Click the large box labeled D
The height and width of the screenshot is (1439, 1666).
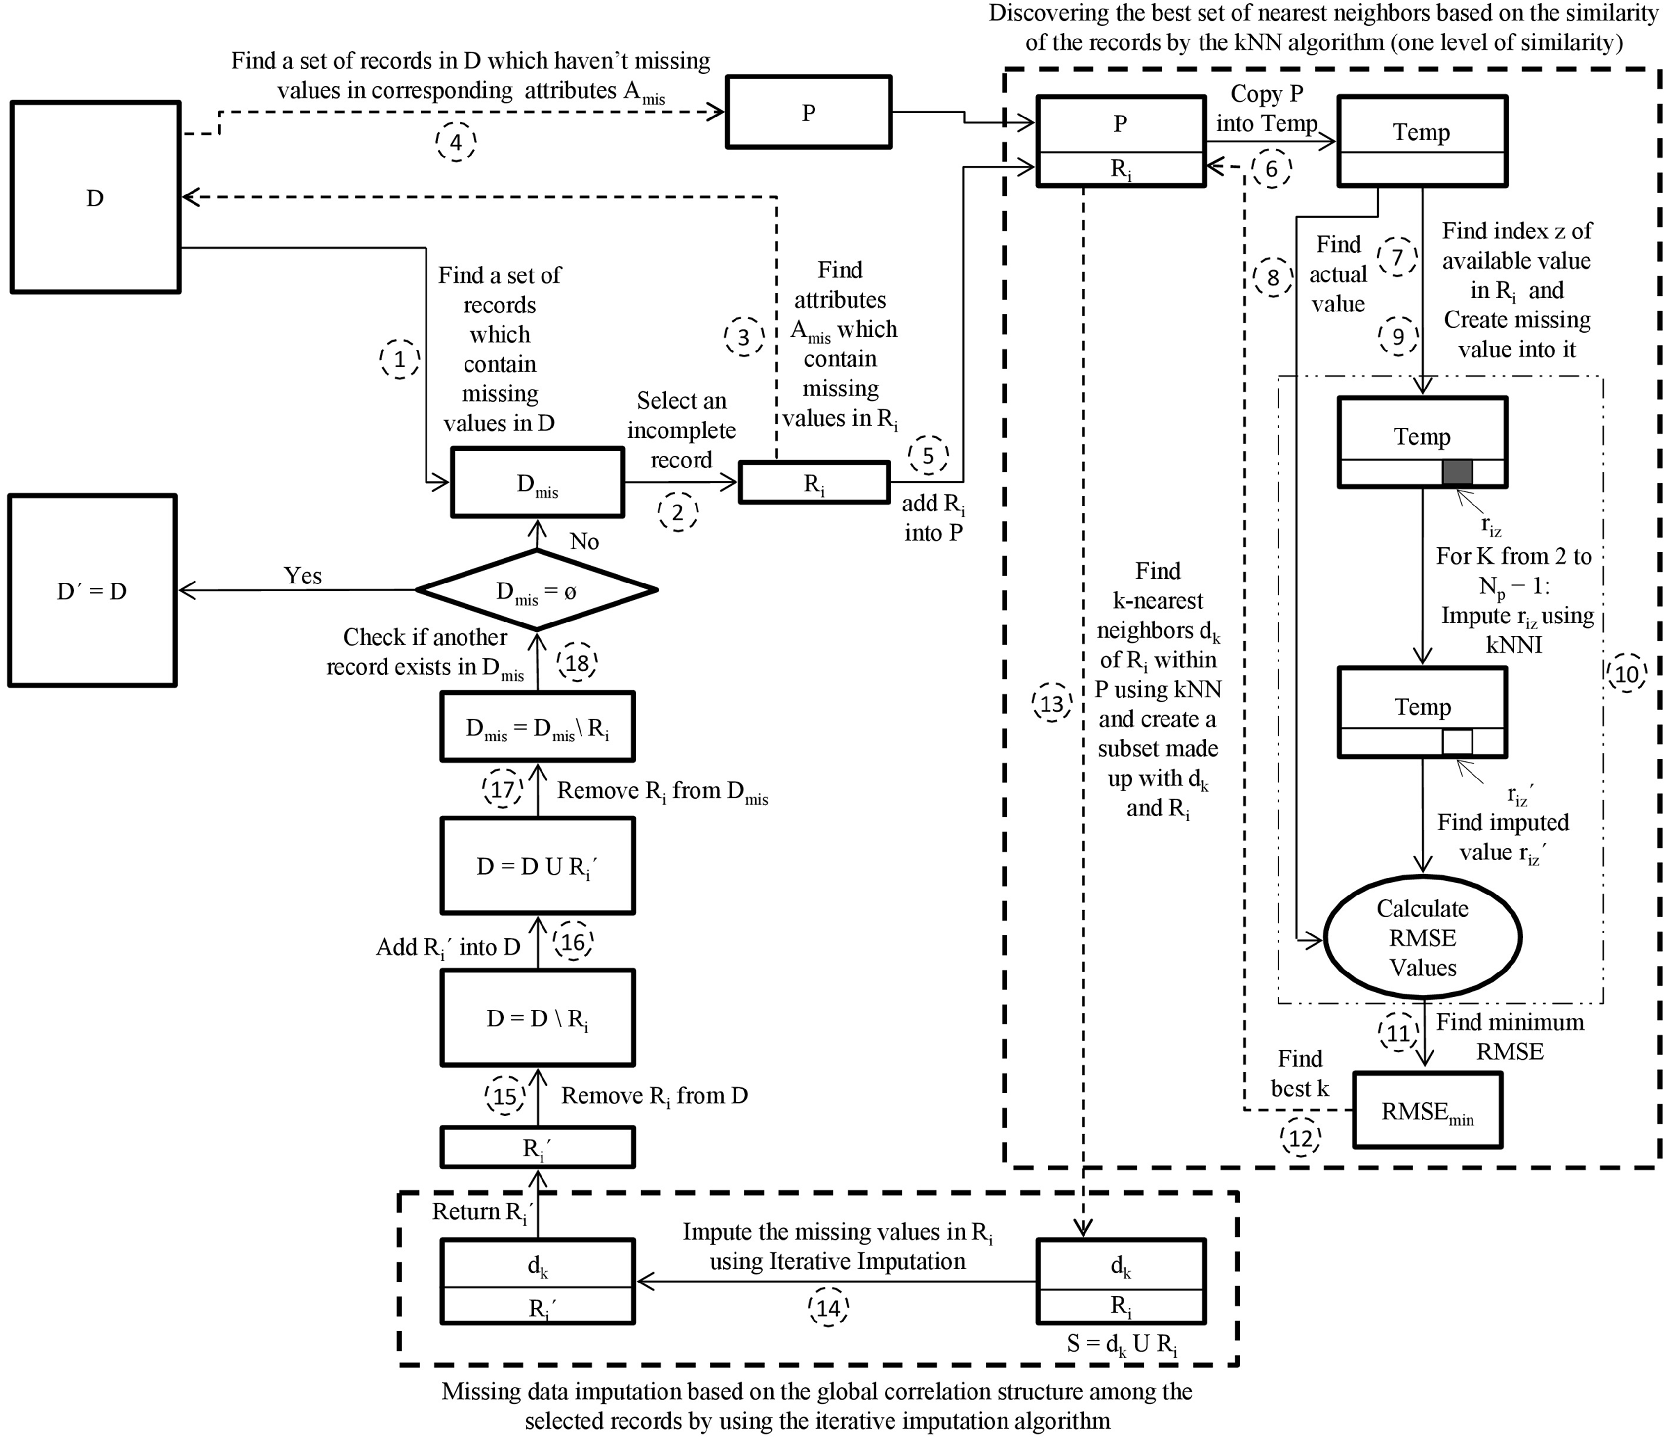pyautogui.click(x=95, y=197)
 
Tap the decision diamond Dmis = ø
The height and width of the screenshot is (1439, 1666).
pyautogui.click(x=536, y=591)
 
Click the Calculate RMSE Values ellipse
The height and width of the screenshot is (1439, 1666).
pyautogui.click(x=1422, y=937)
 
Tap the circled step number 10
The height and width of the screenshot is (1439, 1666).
pyautogui.click(x=1626, y=674)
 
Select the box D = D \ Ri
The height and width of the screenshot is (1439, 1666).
pyautogui.click(x=537, y=1018)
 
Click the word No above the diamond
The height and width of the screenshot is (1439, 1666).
pyautogui.click(x=584, y=541)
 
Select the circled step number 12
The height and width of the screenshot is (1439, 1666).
pyautogui.click(x=1300, y=1137)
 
